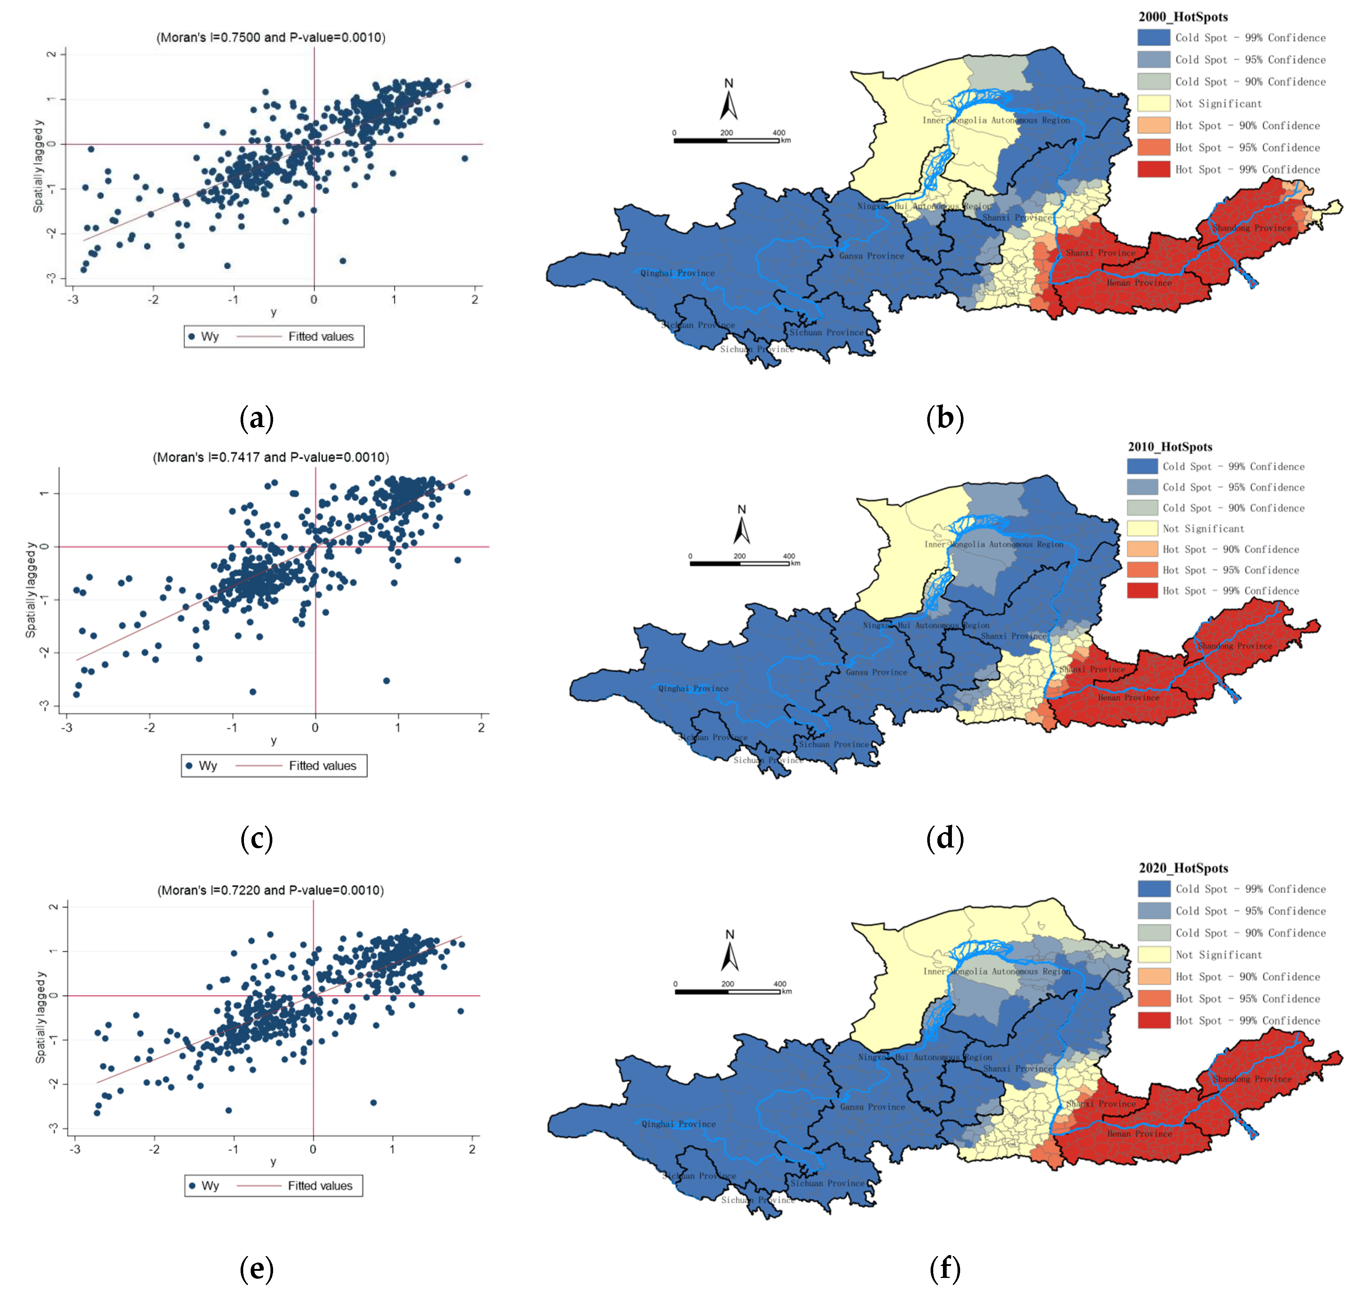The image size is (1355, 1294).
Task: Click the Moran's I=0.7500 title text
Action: coord(270,37)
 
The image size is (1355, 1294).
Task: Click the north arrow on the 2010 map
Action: coord(741,526)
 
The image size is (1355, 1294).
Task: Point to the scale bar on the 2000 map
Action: coord(726,140)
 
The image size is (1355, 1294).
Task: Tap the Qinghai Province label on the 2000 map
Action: coord(677,273)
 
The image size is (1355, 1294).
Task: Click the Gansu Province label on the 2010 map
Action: coord(876,672)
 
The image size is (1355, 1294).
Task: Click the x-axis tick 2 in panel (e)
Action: coord(472,1149)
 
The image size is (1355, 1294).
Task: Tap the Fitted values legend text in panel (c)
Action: coord(322,766)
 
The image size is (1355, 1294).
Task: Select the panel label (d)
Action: coord(945,838)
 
